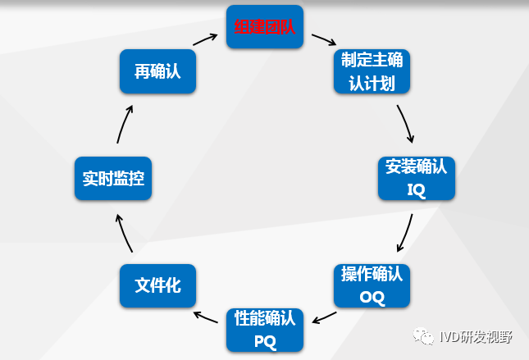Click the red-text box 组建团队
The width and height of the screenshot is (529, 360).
coord(264,25)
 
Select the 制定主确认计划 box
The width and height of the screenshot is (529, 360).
coord(372,71)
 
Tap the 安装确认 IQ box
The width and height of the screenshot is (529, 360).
coord(416,178)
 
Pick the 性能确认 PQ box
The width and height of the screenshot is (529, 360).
coord(264,328)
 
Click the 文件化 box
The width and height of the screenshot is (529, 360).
coord(157,285)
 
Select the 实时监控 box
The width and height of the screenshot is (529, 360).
coord(113,178)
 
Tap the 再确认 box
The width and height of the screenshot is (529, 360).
coord(157,72)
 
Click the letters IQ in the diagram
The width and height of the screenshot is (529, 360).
coord(416,190)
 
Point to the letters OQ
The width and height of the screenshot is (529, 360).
coord(372,297)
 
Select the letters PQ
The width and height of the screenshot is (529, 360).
coord(264,339)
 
